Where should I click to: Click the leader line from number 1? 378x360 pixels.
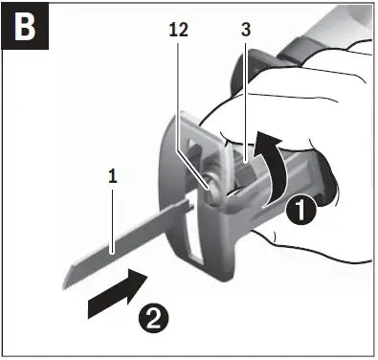[x=113, y=215]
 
